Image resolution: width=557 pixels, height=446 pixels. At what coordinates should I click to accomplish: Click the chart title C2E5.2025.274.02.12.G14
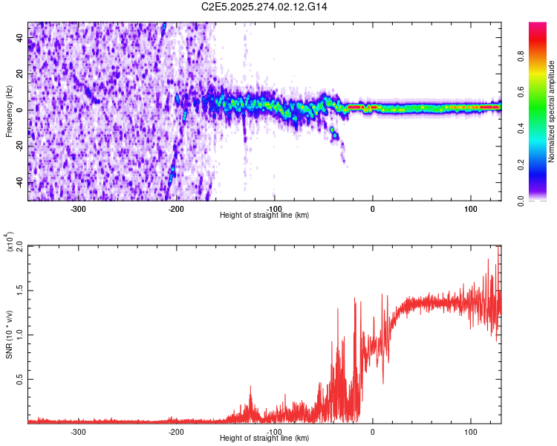coord(264,7)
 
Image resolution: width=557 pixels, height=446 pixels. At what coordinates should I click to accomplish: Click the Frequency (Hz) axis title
coord(9,111)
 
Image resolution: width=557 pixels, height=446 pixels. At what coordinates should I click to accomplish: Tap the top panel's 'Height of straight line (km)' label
coord(264,215)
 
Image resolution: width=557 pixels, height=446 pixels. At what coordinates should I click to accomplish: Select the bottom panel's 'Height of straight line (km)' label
coord(264,438)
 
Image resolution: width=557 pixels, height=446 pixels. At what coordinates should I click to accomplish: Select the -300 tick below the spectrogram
coord(79,209)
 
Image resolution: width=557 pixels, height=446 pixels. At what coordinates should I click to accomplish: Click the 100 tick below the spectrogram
coord(470,209)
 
